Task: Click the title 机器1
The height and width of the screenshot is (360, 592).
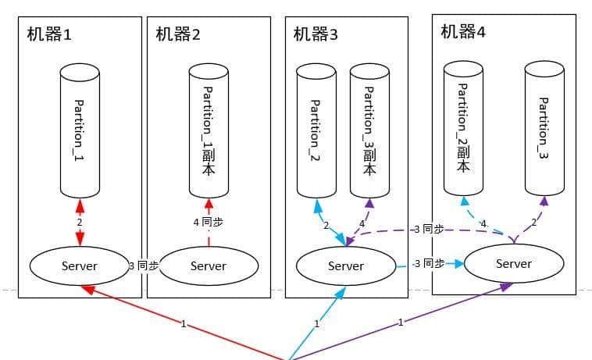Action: [x=49, y=34]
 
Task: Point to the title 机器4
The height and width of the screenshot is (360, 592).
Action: [x=463, y=31]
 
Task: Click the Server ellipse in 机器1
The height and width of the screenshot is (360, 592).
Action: [x=80, y=266]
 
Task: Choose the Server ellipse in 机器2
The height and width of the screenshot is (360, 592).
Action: [x=209, y=266]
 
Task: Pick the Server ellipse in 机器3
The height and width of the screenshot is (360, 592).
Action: [x=346, y=266]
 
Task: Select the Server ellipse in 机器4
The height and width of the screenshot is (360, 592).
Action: [x=513, y=263]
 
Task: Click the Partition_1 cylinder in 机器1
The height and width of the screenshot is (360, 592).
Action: [x=80, y=131]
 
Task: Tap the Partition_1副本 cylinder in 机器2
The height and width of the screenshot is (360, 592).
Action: [x=209, y=131]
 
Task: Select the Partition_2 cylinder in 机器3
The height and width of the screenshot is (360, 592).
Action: [x=316, y=131]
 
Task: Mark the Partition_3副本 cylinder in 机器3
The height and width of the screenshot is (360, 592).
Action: [x=369, y=131]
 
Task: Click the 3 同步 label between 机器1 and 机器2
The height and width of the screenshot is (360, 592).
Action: [x=143, y=266]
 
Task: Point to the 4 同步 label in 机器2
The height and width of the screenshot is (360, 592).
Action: [x=208, y=222]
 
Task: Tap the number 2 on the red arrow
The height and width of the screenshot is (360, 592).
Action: [x=80, y=223]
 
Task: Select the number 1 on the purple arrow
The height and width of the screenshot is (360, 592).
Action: [x=401, y=322]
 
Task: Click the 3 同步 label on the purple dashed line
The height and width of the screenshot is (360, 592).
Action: [x=429, y=229]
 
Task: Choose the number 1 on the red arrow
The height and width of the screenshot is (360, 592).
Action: [x=184, y=323]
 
